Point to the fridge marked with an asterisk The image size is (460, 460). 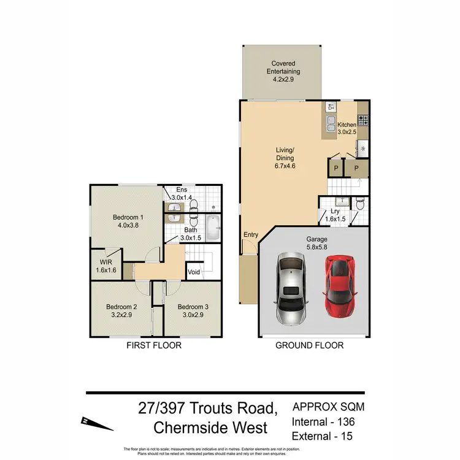coord(362,148)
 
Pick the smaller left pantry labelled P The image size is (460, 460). coord(335,167)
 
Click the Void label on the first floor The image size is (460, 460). coord(194,272)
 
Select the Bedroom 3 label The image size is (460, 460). coord(193,307)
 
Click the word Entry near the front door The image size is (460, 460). coord(251,235)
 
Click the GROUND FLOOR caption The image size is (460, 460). coord(309,345)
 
